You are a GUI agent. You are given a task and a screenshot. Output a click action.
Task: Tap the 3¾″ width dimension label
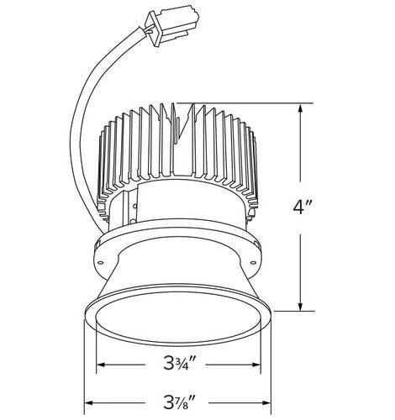coord(176,363)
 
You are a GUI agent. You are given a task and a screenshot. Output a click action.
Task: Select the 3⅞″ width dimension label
coord(176,402)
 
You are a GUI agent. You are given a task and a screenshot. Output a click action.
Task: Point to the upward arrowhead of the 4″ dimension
coord(301,110)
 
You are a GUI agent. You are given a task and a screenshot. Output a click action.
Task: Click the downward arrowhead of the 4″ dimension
coord(301,304)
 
